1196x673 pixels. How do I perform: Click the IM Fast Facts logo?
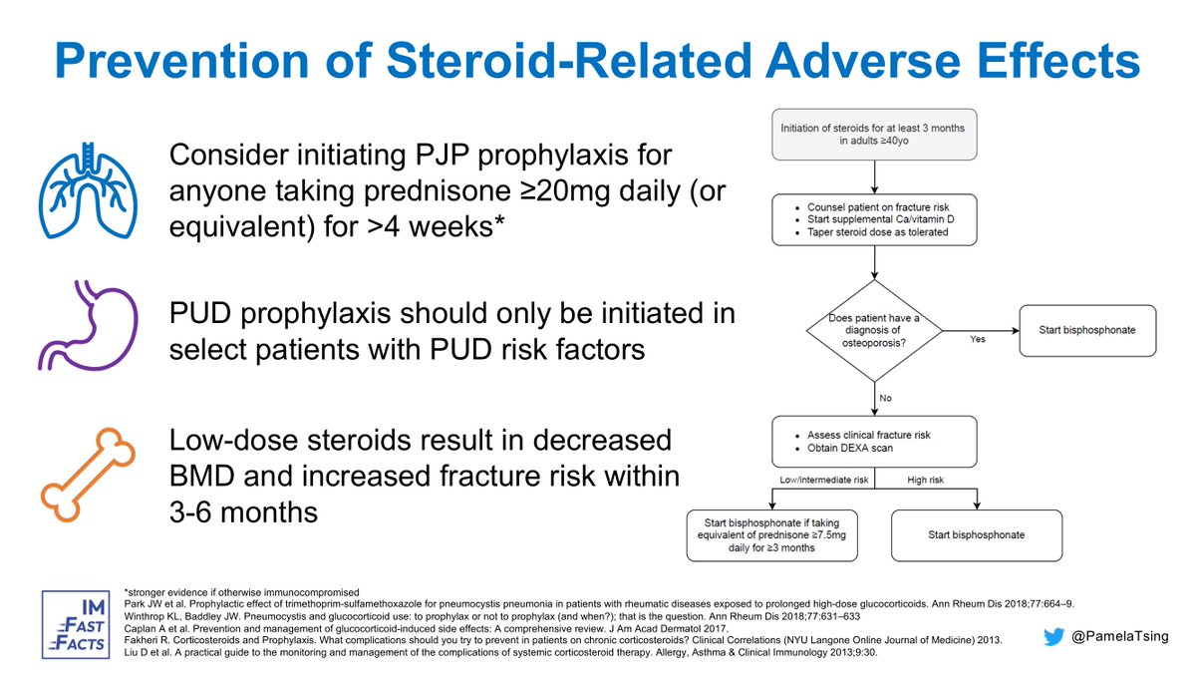[78, 624]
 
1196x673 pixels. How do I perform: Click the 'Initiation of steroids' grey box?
[873, 136]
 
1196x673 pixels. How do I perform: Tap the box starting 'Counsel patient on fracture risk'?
[873, 218]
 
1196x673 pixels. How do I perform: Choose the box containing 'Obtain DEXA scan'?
[873, 441]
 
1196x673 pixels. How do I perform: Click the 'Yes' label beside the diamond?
[978, 340]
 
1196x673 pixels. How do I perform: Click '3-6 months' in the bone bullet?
[244, 511]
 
